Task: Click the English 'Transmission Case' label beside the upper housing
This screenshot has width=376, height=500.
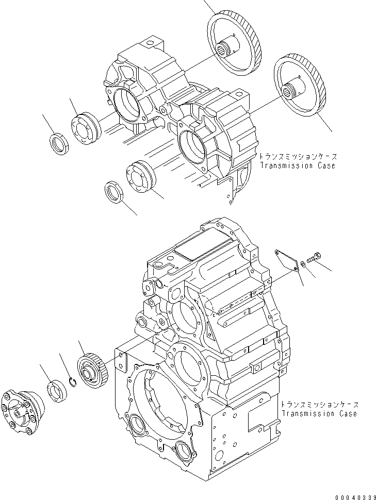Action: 297,165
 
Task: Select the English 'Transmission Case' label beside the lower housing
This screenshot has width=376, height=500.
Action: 318,413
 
